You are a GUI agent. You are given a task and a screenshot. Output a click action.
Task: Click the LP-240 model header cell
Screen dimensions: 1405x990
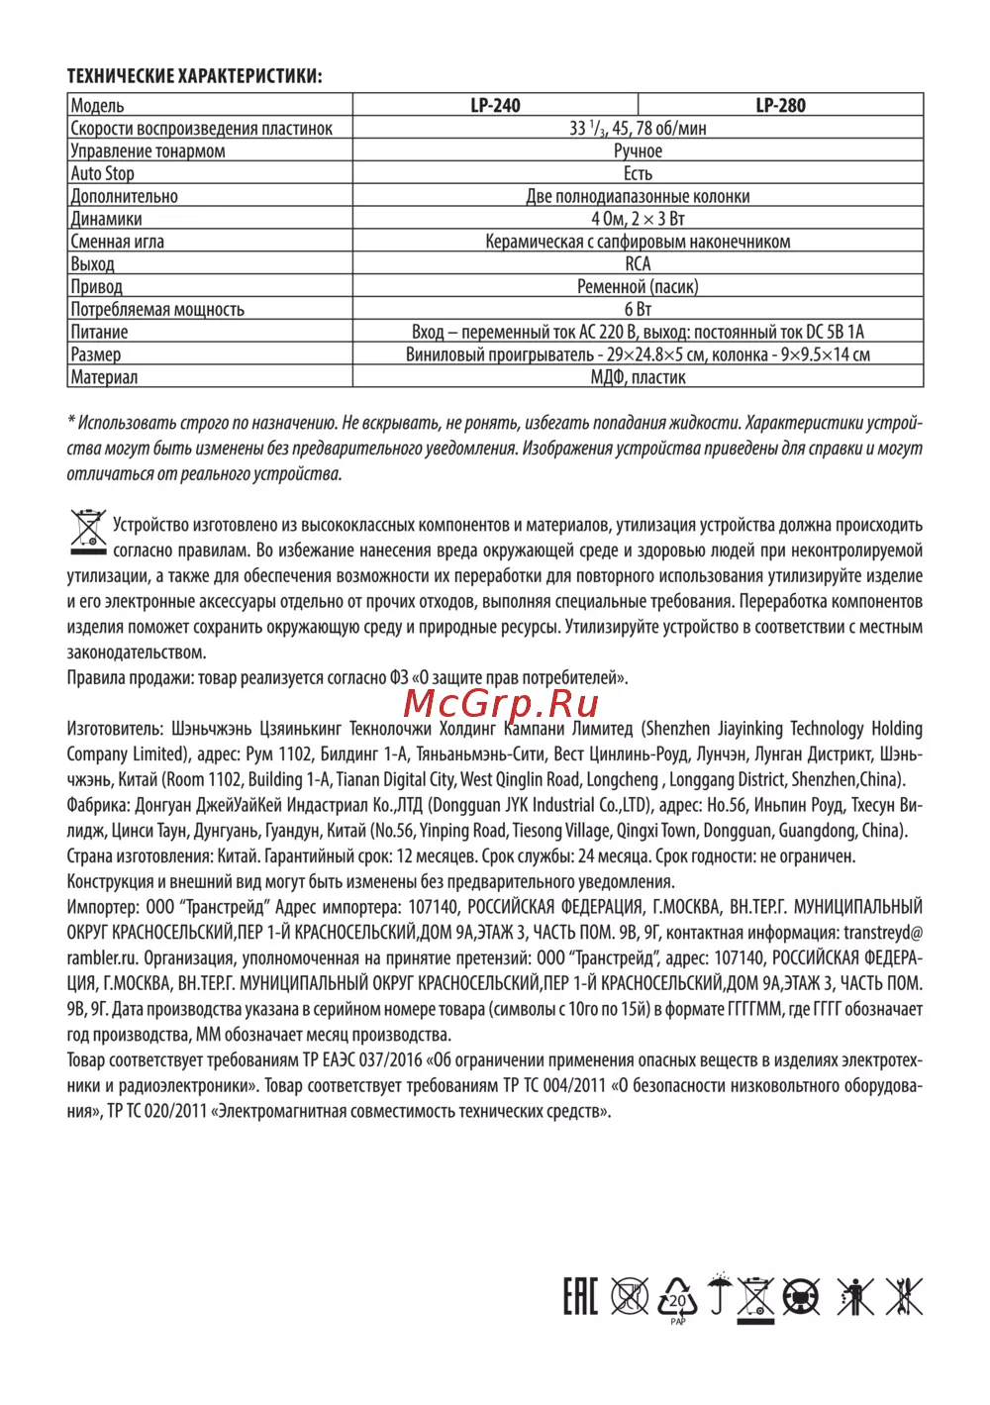click(x=495, y=105)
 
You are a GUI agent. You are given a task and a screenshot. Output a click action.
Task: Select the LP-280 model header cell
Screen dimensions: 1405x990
click(x=780, y=105)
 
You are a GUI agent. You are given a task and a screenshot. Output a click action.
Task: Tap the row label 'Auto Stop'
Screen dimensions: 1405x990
click(x=103, y=173)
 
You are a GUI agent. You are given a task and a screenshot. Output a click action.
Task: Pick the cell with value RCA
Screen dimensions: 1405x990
click(x=638, y=263)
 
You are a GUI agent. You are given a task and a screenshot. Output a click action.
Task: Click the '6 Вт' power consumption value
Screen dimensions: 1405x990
click(x=638, y=309)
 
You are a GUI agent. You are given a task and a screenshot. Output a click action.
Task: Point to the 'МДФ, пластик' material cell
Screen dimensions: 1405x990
click(x=638, y=377)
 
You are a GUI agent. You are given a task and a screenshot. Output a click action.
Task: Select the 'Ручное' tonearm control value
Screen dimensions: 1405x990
click(x=638, y=151)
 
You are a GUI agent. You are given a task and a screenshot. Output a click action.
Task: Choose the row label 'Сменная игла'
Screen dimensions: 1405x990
click(x=118, y=242)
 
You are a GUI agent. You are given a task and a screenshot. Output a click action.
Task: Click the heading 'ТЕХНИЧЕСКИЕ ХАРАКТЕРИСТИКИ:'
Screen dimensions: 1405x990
click(x=194, y=76)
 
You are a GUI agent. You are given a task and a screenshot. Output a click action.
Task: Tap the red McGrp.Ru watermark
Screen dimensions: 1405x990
click(x=502, y=703)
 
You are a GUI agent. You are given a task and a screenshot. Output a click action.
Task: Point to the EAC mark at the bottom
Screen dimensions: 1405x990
click(x=580, y=1296)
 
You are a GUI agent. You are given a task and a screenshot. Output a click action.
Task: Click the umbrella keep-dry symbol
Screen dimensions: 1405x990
click(x=720, y=1294)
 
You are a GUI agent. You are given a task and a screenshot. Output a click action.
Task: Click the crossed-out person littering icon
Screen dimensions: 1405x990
click(x=853, y=1296)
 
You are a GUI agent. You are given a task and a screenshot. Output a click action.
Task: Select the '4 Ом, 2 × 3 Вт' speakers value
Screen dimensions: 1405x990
click(x=638, y=219)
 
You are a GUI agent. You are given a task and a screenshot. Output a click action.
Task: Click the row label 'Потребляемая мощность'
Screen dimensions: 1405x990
click(x=157, y=310)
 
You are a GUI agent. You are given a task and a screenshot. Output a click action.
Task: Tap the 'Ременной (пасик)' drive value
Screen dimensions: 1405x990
click(x=638, y=287)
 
